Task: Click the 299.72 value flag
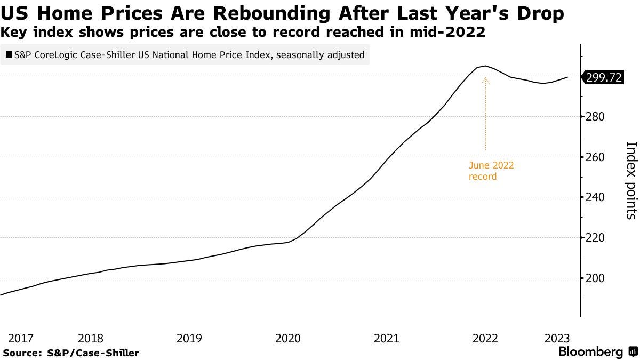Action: (603, 77)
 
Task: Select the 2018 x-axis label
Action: (90, 338)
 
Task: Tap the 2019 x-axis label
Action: (189, 338)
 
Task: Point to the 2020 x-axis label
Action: (288, 338)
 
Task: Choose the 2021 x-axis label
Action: (387, 338)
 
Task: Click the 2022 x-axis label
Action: (485, 338)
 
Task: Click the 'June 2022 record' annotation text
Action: (491, 171)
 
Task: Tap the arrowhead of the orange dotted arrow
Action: (485, 81)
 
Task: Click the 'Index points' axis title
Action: (630, 180)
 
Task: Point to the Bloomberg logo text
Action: (590, 352)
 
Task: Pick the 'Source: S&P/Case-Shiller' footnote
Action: (70, 353)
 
